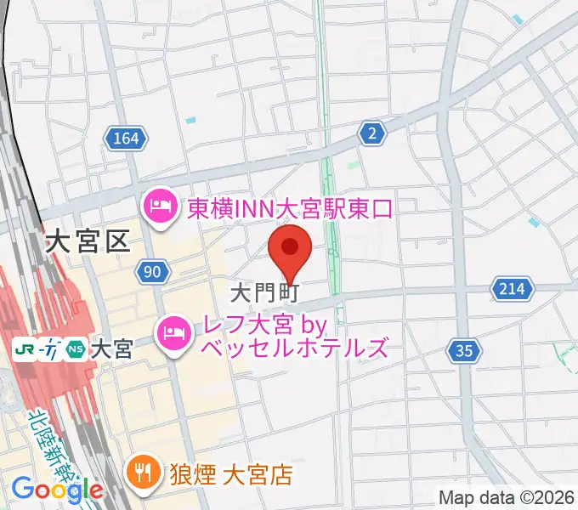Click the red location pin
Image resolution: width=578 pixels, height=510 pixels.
click(x=290, y=247)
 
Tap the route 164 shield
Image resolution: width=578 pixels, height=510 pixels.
click(x=127, y=138)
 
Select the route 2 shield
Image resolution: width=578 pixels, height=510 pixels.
click(x=371, y=132)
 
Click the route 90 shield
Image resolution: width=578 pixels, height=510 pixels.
click(x=151, y=272)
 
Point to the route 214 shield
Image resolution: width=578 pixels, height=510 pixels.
click(x=512, y=290)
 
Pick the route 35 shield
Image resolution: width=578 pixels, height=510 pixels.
click(x=464, y=349)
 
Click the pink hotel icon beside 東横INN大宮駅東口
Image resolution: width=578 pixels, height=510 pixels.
click(x=159, y=207)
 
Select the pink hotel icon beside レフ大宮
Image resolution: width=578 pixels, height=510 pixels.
click(x=173, y=331)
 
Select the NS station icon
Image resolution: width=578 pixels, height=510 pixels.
click(x=76, y=348)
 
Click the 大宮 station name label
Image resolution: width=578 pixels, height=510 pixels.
click(x=111, y=348)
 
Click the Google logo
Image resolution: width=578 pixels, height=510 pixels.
click(x=56, y=489)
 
